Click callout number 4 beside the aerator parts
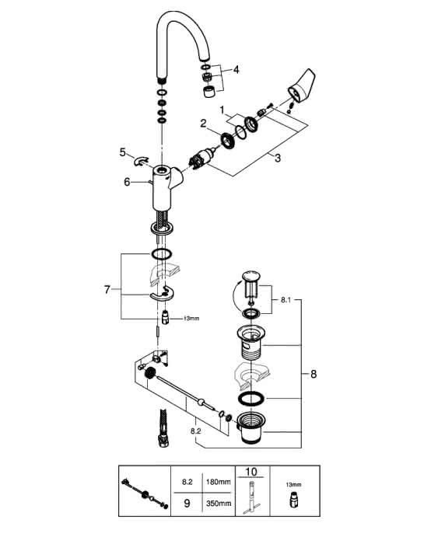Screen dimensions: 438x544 [x=237, y=70]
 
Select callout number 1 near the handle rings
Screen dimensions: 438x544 [x=222, y=110]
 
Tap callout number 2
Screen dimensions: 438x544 [x=203, y=123]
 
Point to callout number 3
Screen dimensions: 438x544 [x=278, y=158]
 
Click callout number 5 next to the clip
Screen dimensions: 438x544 [x=123, y=152]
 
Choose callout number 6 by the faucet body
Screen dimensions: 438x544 [x=127, y=182]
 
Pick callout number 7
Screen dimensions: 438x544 [x=107, y=289]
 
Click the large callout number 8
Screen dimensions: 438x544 [x=314, y=374]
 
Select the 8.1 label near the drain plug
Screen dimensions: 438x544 [x=286, y=300]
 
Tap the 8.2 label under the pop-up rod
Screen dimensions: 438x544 [x=196, y=431]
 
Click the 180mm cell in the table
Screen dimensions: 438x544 [x=218, y=482]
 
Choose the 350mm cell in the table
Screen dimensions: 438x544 [x=218, y=503]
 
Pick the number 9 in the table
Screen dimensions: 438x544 [x=187, y=503]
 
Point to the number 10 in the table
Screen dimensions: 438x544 [x=251, y=472]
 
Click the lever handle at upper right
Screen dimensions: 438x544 [x=302, y=84]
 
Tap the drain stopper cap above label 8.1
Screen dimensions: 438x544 [x=251, y=276]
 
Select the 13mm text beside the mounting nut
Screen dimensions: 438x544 [x=191, y=318]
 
